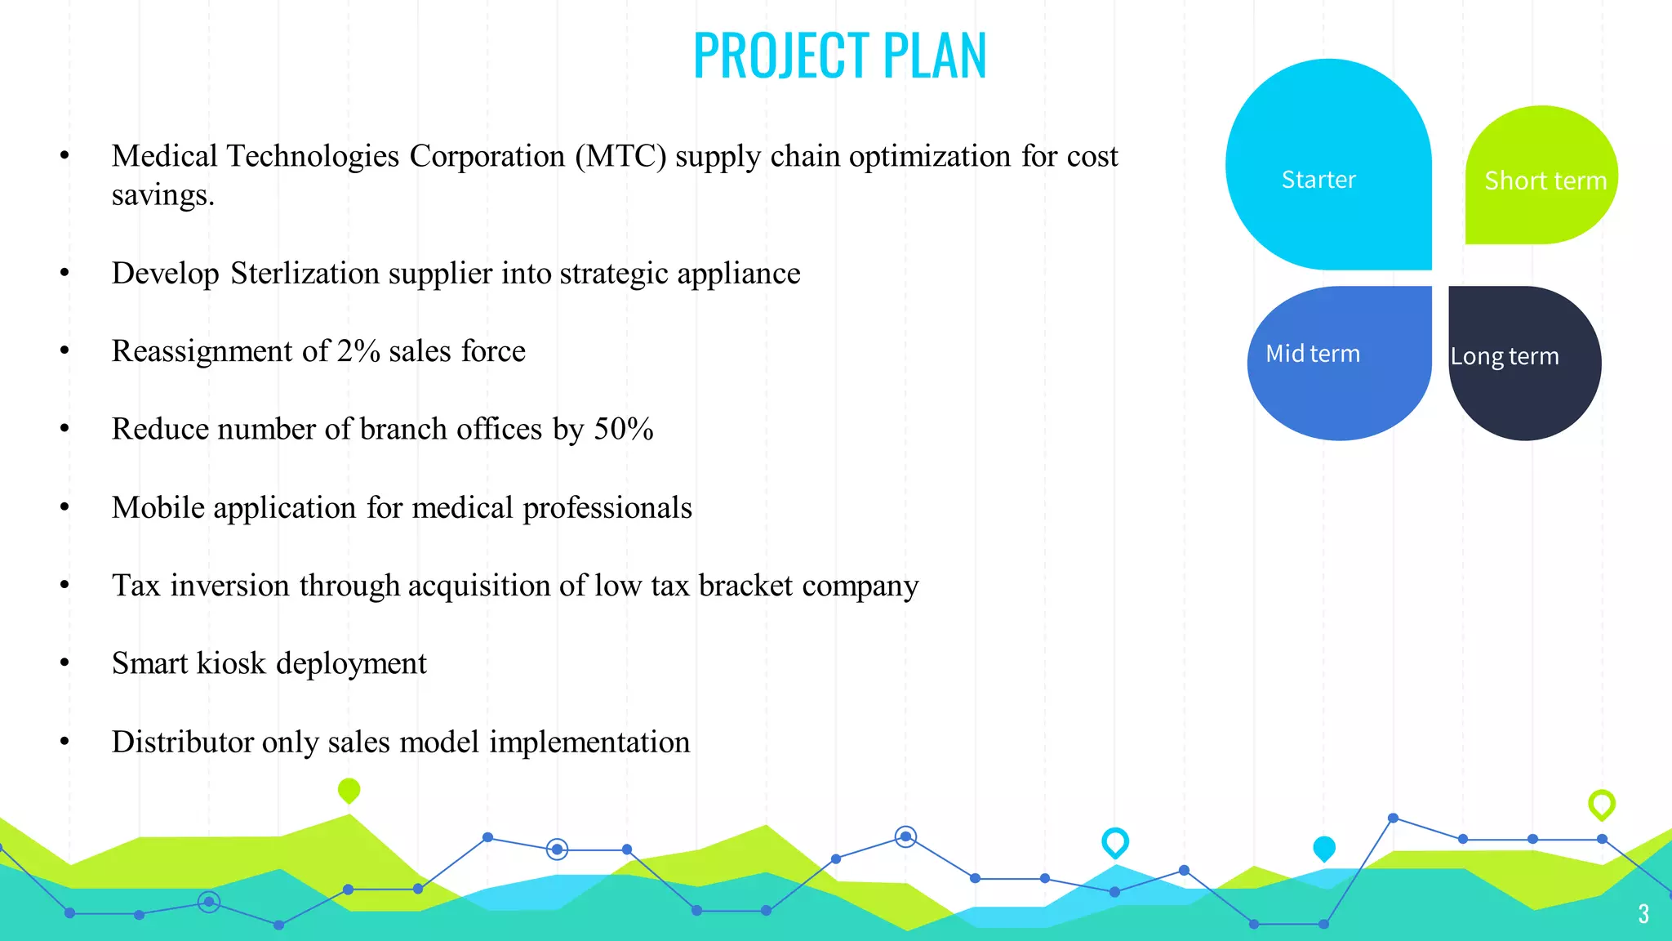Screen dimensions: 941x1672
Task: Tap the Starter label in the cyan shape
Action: [1318, 180]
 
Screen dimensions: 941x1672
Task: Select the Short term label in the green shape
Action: [1545, 181]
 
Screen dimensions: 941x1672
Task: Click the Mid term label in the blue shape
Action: [1312, 354]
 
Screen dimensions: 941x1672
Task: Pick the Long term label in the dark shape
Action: [1504, 356]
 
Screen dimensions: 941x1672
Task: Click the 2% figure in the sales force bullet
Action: [358, 351]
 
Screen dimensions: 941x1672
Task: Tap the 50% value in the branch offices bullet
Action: [623, 430]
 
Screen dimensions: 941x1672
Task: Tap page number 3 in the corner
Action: [1643, 913]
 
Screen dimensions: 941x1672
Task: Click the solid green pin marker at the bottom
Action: [349, 790]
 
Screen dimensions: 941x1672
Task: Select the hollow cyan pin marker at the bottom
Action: [1114, 841]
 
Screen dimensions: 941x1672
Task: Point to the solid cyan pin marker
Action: [1323, 848]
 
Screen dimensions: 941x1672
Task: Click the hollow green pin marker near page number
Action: [1601, 804]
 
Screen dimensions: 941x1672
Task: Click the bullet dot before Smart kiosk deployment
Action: [64, 664]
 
